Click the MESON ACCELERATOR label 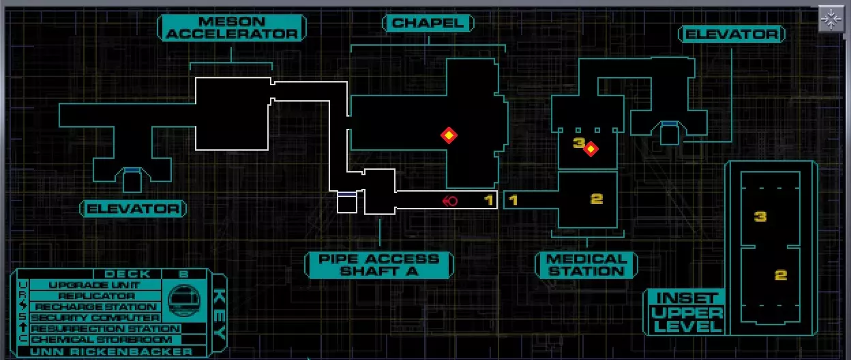click(x=232, y=28)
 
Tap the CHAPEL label click(x=428, y=23)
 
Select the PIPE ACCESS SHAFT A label click(x=379, y=265)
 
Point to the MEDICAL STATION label click(x=586, y=265)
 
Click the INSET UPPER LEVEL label click(x=687, y=312)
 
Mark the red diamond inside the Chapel click(x=449, y=135)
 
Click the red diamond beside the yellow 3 click(x=591, y=149)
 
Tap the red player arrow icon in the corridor click(x=450, y=201)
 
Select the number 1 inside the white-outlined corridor click(x=490, y=200)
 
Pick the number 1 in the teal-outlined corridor click(x=513, y=200)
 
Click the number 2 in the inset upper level click(x=780, y=275)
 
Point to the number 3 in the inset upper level click(x=760, y=216)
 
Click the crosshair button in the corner click(x=831, y=18)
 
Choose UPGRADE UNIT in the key click(x=95, y=285)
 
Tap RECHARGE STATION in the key click(x=95, y=307)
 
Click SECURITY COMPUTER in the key click(x=95, y=318)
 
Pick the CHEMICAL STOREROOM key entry click(x=101, y=340)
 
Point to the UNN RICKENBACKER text click(x=111, y=352)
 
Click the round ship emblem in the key click(x=184, y=301)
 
